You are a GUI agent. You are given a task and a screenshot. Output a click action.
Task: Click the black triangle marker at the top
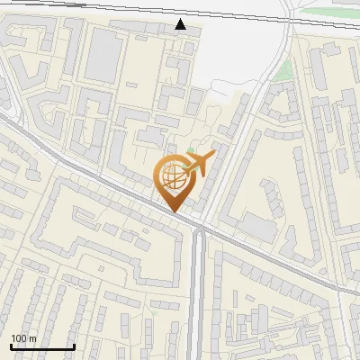click(x=181, y=24)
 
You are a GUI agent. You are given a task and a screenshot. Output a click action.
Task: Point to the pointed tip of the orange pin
click(x=174, y=212)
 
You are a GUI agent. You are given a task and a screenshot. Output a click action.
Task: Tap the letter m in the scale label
click(x=32, y=338)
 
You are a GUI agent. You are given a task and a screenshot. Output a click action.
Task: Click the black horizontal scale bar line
click(x=42, y=346)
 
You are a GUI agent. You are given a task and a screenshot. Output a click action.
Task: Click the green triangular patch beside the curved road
click(x=283, y=70)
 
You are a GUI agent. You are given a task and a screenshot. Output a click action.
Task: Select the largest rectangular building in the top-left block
click(x=103, y=55)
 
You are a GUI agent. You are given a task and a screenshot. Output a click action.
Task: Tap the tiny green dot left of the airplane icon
click(x=190, y=150)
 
